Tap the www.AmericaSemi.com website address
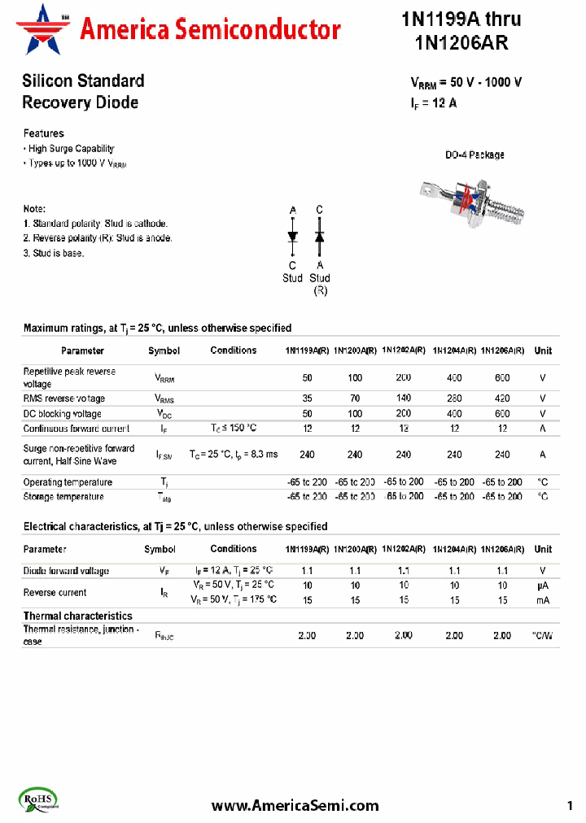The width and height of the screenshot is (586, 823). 295,805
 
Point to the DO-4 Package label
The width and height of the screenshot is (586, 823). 474,155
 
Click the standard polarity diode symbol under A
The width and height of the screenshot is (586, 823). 293,237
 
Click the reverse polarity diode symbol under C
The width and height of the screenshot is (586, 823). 320,237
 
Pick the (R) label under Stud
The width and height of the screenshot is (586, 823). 320,290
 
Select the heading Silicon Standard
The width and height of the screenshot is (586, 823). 83,81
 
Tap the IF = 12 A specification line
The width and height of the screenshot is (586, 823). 435,103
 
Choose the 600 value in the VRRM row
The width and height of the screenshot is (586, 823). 502,377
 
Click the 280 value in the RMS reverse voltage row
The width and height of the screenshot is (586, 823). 454,398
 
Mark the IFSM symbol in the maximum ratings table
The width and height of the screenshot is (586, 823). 164,455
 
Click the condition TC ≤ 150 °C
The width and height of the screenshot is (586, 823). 234,429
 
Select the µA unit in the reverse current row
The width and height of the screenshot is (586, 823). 543,586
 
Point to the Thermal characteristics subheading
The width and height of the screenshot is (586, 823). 78,616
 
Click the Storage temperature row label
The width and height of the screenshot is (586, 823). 68,496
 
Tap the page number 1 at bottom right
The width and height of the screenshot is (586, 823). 570,805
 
